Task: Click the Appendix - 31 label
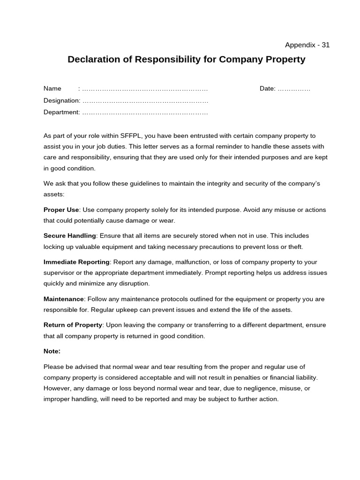coord(307,45)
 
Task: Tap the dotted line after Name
coord(145,89)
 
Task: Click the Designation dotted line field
coord(145,100)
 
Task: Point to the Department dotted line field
coord(145,112)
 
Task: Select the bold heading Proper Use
coord(61,210)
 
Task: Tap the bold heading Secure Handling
coord(69,235)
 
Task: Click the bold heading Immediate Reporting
coord(76,262)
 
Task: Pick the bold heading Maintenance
coord(64,299)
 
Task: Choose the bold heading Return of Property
coord(73,325)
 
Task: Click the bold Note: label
coord(52,351)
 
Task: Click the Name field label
coord(52,89)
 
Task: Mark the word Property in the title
coord(285,60)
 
